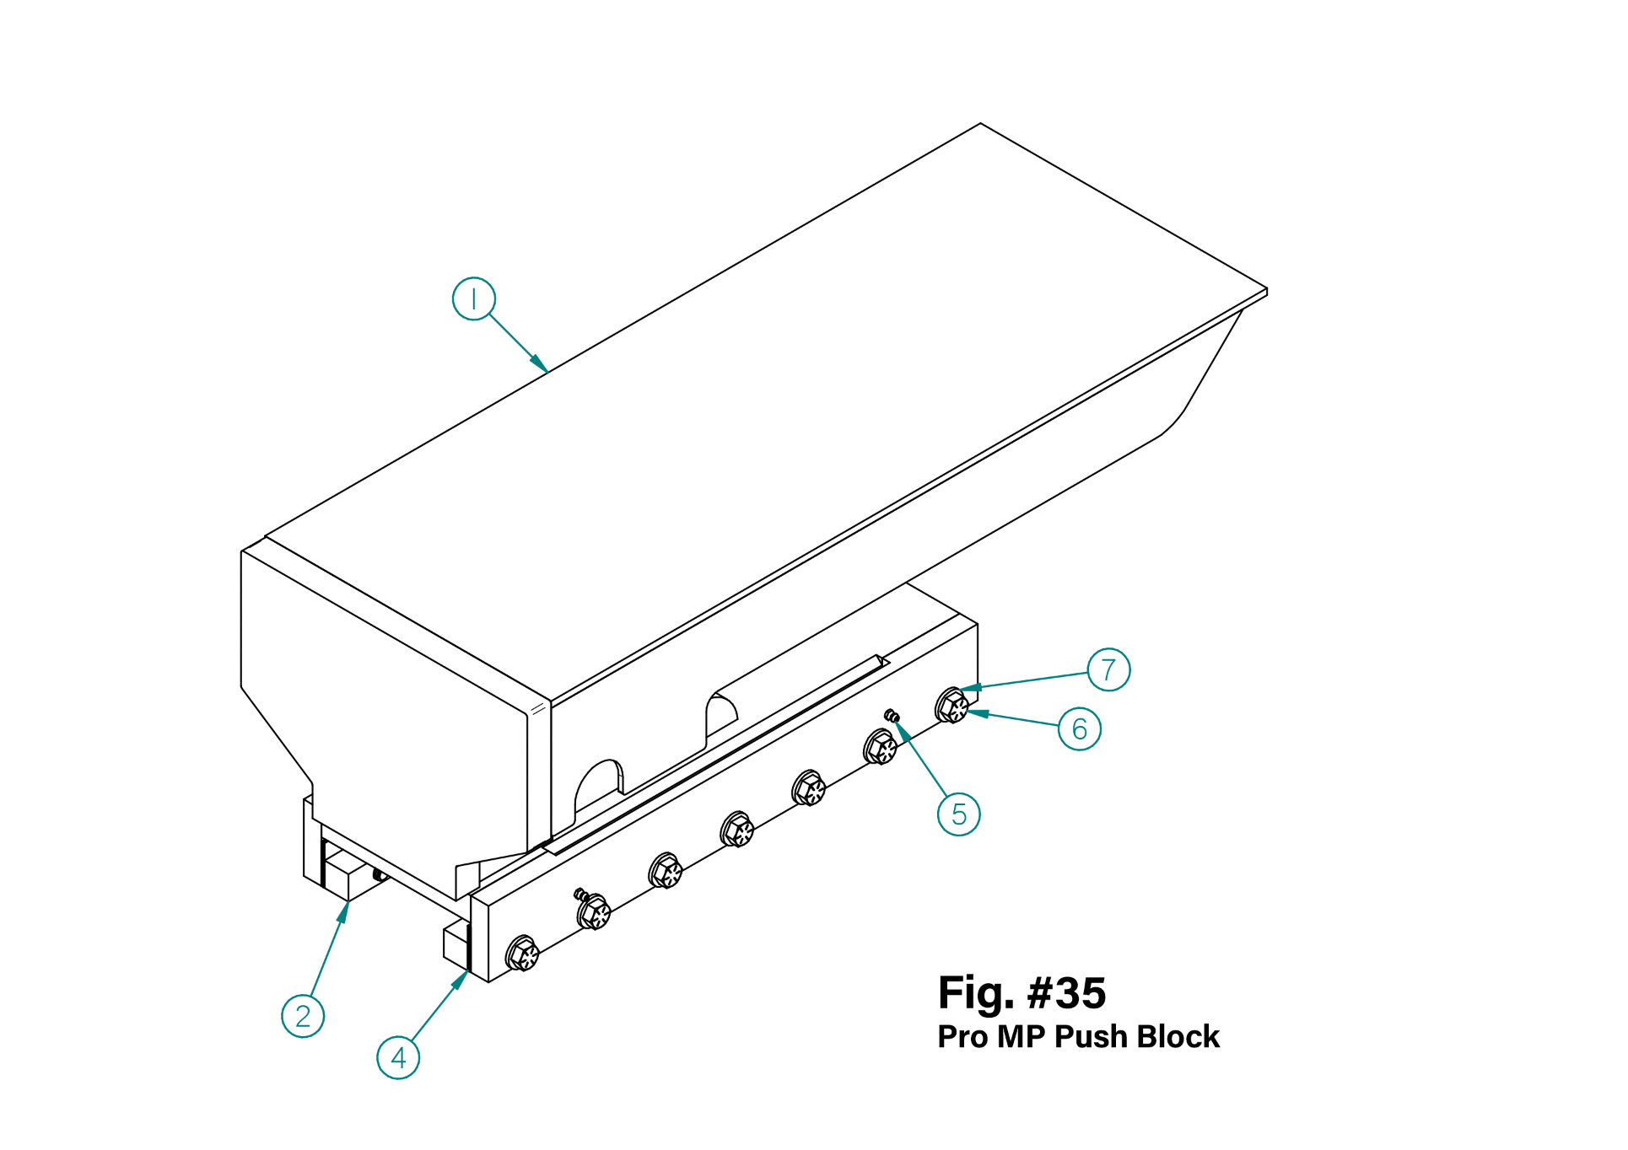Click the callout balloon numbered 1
473,298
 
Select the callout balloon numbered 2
303,1016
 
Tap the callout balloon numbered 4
398,1058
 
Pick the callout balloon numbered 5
959,814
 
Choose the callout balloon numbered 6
1080,729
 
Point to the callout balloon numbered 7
1108,669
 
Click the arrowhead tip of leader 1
547,371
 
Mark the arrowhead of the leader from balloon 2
348,903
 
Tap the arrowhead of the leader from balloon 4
466,973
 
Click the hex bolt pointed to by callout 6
952,706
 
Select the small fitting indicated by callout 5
892,717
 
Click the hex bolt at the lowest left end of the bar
522,954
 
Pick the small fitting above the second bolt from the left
580,894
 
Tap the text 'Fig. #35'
1022,992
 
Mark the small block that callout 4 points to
456,944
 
